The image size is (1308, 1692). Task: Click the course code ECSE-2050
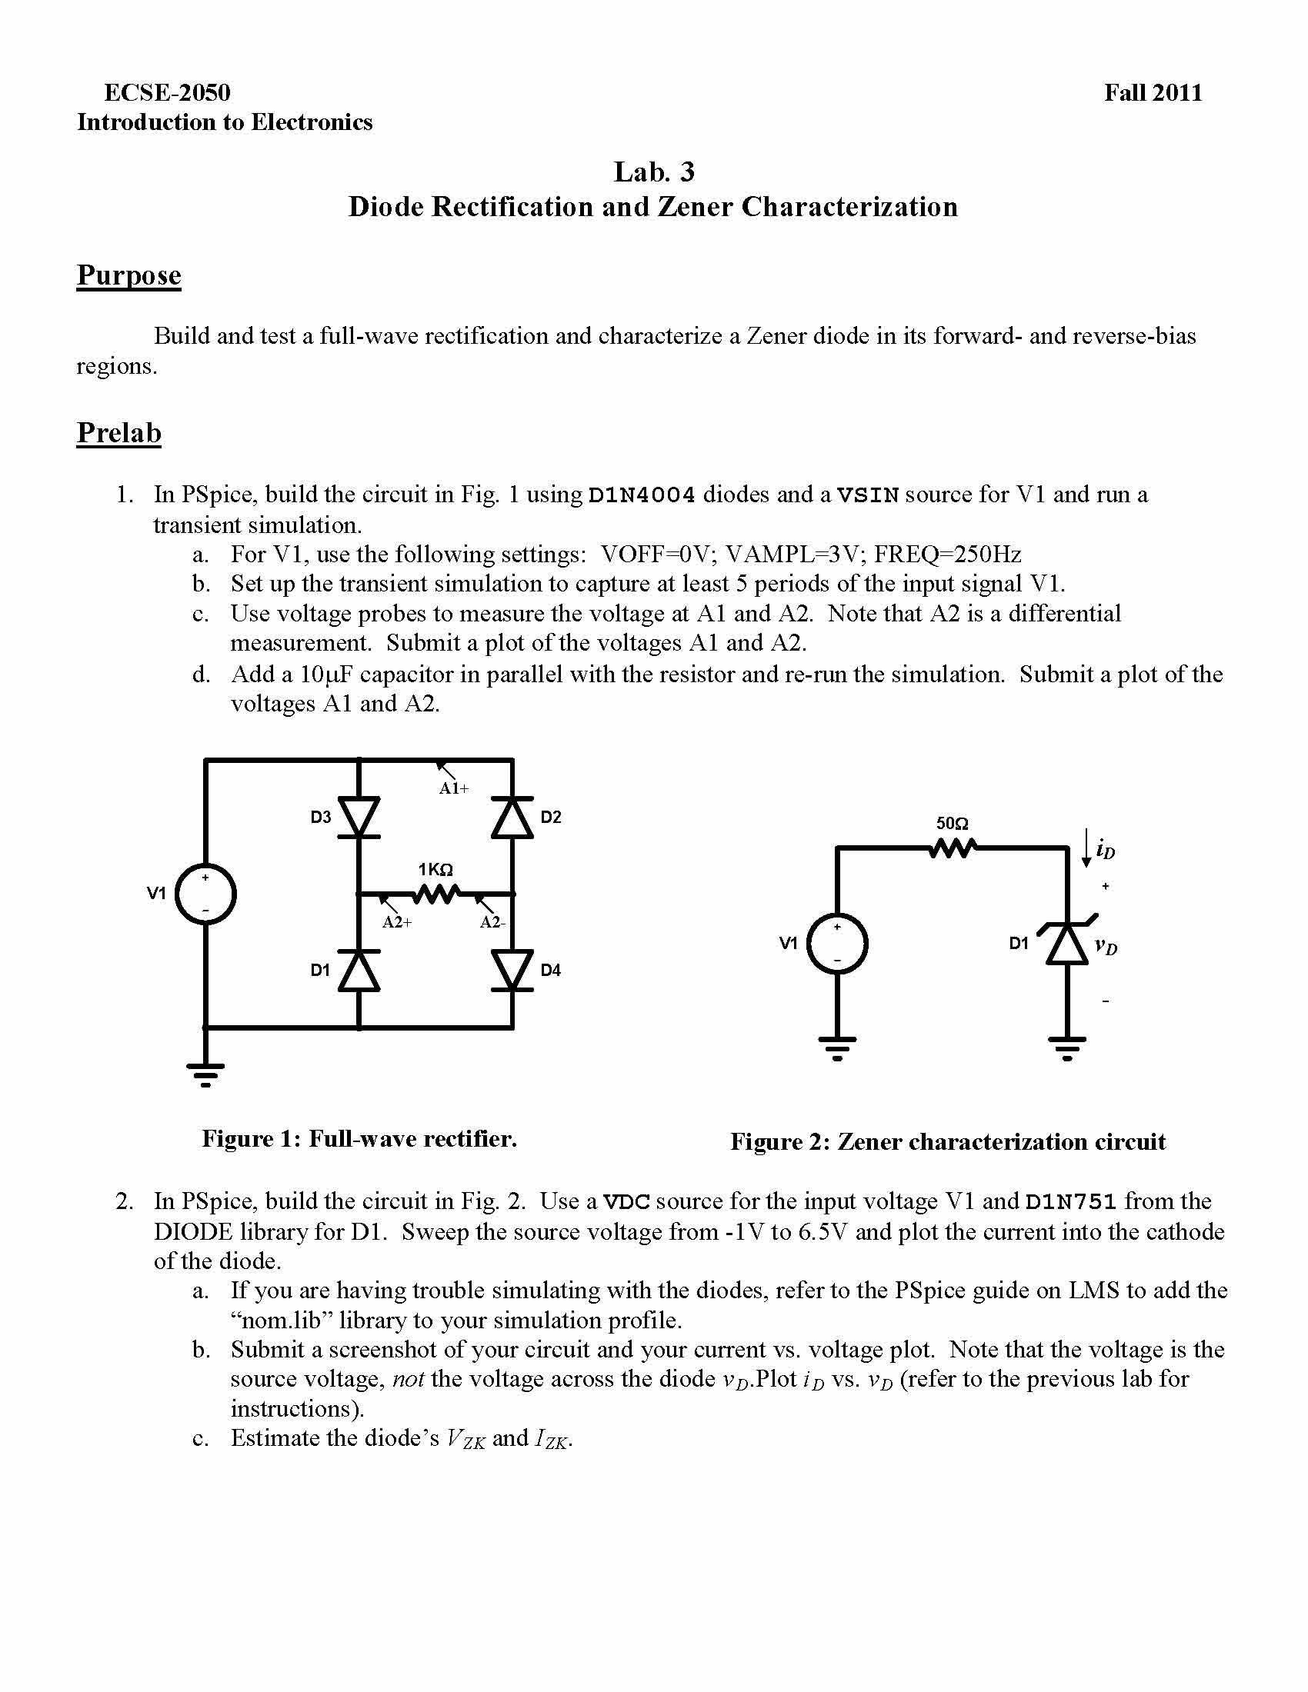[167, 93]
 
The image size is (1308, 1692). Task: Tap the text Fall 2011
[1153, 93]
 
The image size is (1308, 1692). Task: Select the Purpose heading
[128, 275]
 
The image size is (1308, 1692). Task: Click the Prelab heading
[118, 432]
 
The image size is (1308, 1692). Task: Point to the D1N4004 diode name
[642, 495]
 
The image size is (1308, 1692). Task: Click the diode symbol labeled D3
[359, 818]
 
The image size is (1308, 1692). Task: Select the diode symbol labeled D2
[512, 818]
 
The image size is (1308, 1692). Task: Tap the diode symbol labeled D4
[512, 971]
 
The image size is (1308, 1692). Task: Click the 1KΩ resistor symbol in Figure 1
[435, 894]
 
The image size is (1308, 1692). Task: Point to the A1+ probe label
[454, 788]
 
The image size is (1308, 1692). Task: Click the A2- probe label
[492, 923]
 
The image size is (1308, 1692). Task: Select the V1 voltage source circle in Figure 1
[205, 894]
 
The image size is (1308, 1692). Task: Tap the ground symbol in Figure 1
[205, 1074]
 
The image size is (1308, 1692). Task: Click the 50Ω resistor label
[953, 824]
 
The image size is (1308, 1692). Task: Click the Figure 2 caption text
[948, 1142]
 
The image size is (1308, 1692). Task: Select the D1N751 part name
[1070, 1201]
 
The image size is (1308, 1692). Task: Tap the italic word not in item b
[408, 1379]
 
